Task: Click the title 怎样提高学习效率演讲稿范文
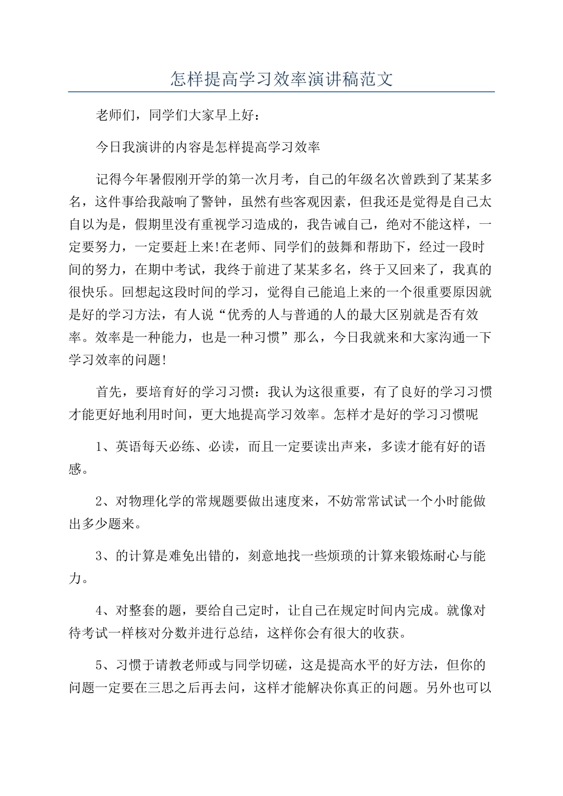(x=281, y=79)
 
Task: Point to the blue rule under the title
(x=281, y=92)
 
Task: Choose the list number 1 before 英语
(x=100, y=447)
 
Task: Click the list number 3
(x=100, y=556)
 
